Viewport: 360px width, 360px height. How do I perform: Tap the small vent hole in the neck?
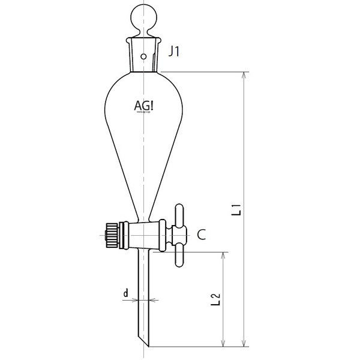tap(143, 56)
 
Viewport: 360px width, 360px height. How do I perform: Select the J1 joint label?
tap(174, 52)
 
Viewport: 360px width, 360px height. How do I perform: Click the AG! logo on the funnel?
tap(143, 106)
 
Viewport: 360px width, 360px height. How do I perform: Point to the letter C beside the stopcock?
tap(202, 235)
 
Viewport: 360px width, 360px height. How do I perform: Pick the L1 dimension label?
tap(237, 209)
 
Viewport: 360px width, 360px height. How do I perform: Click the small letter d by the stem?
tap(125, 293)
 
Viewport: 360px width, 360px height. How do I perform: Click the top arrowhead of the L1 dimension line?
tap(244, 76)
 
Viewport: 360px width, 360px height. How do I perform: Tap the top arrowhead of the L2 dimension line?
tap(224, 256)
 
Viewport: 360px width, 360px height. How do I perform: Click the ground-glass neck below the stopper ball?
tap(143, 56)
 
